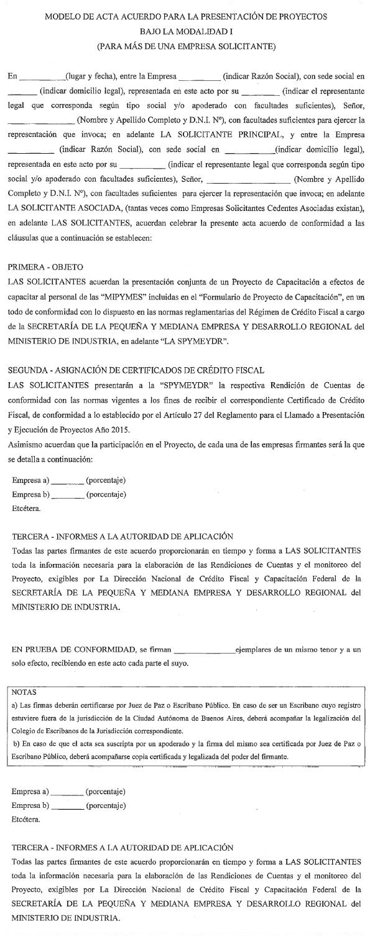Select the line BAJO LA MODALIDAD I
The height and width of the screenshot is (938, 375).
187,31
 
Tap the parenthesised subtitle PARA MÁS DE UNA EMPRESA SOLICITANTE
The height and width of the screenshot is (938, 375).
187,45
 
